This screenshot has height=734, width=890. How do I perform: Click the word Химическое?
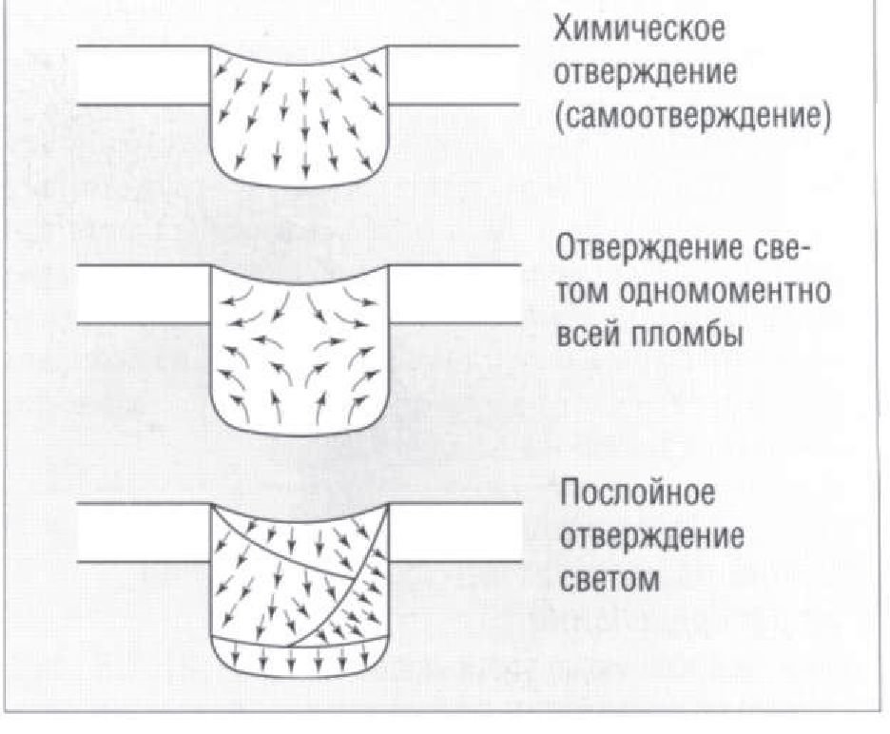coord(639,29)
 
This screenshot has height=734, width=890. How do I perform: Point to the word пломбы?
coord(687,335)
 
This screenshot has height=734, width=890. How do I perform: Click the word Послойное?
coord(638,492)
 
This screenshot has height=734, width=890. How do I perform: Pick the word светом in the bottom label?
coord(609,580)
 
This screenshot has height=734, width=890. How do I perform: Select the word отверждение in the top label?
coord(646,73)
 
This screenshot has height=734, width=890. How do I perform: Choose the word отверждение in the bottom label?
coord(651,536)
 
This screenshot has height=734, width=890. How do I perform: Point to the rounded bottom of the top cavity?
coord(300,185)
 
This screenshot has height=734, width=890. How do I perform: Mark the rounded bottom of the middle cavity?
coord(300,434)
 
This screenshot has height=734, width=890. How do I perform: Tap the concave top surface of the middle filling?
coord(300,281)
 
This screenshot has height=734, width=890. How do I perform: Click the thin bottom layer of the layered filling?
coord(300,659)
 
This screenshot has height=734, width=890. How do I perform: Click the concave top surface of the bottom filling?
coord(300,519)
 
